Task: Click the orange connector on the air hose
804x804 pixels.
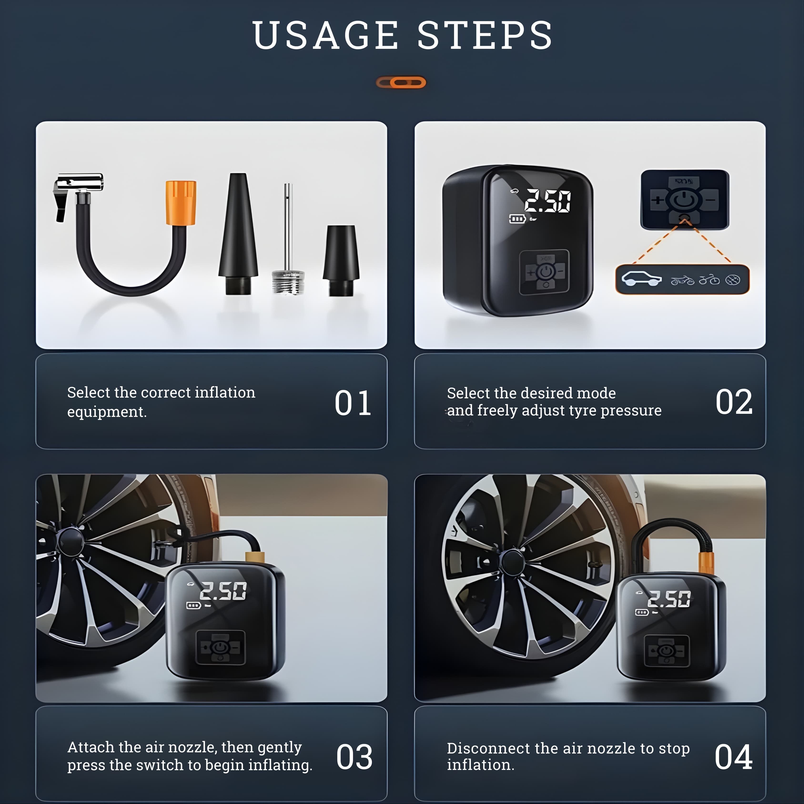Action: [181, 203]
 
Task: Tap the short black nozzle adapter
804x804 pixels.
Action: [341, 260]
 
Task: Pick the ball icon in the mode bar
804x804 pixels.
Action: [733, 280]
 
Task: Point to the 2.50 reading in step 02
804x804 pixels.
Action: [547, 201]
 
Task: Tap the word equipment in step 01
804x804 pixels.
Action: [106, 412]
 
